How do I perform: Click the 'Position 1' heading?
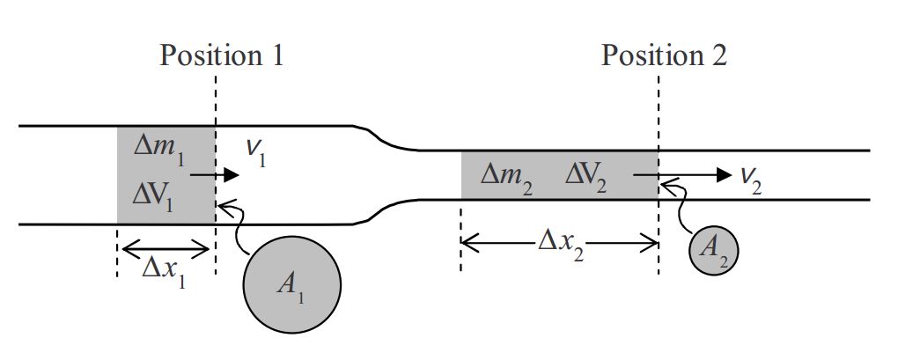pos(222,55)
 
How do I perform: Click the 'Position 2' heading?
pos(664,55)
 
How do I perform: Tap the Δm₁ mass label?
pos(158,146)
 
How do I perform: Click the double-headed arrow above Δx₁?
pos(165,248)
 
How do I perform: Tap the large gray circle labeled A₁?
pos(291,283)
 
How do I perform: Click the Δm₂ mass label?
pos(507,174)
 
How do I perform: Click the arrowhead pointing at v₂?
pos(724,174)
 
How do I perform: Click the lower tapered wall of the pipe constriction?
pos(384,211)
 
